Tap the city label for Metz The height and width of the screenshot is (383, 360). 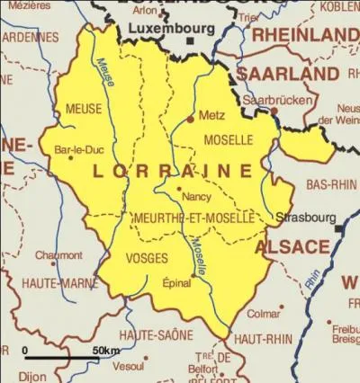click(x=211, y=116)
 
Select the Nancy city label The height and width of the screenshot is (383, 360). click(x=196, y=196)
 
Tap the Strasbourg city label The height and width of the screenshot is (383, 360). click(x=305, y=218)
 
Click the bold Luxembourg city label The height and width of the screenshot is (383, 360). click(x=170, y=29)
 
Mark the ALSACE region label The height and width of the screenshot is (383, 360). click(x=292, y=246)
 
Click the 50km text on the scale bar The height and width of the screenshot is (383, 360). click(x=105, y=350)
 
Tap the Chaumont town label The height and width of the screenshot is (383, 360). click(x=58, y=255)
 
